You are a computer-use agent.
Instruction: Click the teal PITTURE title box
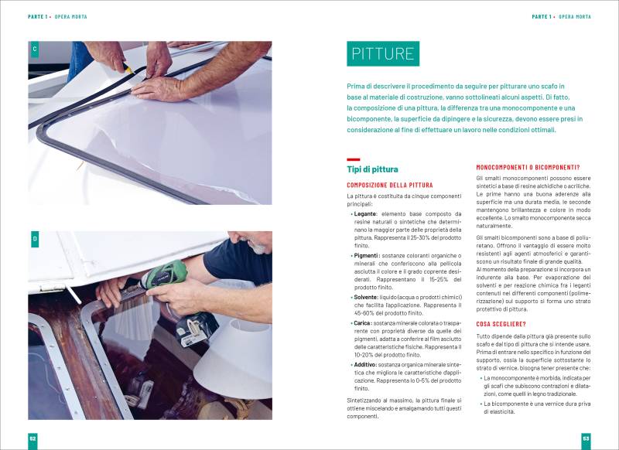tap(383, 53)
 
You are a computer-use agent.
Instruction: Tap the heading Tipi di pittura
tap(373, 169)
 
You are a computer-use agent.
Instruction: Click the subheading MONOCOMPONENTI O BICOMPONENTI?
tap(528, 167)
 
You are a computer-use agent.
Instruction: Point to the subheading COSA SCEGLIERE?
tap(501, 324)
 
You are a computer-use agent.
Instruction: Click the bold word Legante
tap(365, 213)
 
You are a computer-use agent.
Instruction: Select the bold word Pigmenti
tap(367, 255)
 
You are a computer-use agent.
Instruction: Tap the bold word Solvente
tap(367, 297)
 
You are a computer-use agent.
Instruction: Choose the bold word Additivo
tap(366, 363)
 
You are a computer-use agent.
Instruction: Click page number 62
tap(32, 438)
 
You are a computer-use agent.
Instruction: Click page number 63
tap(586, 438)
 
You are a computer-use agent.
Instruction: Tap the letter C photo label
tap(34, 50)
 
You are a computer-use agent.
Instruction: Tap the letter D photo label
tap(34, 240)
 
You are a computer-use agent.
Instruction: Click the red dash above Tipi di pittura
tap(353, 159)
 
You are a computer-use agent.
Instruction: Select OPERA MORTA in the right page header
tap(575, 16)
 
